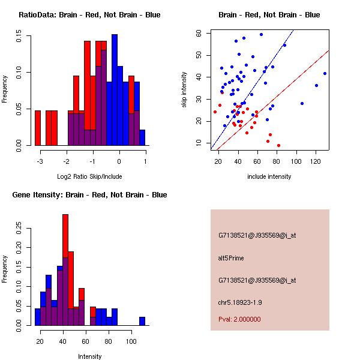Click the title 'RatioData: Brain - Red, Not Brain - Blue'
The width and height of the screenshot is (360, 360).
[89, 14]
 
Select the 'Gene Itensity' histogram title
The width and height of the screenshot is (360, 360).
[89, 194]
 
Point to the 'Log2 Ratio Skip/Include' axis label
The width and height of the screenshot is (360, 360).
[89, 176]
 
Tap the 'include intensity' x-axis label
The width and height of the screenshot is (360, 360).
[269, 176]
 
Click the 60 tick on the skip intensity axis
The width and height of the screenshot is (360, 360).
[199, 34]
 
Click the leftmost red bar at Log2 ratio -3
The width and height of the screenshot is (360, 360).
[38, 128]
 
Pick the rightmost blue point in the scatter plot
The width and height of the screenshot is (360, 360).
[325, 73]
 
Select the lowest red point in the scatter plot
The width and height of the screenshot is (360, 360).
[278, 145]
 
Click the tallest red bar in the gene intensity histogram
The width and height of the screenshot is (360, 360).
[65, 270]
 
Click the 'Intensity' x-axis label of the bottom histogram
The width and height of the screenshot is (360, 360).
[89, 356]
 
